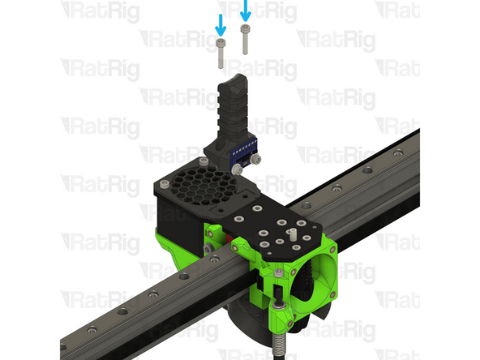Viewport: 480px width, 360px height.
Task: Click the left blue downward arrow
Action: click(221, 25)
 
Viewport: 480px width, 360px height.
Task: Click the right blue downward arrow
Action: click(245, 11)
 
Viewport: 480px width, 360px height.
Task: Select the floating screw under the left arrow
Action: click(221, 54)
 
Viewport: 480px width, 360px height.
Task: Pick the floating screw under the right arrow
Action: click(245, 40)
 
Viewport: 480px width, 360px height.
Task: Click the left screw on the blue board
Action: click(237, 169)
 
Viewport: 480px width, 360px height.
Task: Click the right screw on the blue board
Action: click(255, 159)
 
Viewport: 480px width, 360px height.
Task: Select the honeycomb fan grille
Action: click(203, 185)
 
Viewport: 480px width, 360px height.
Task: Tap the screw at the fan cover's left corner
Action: click(165, 184)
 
